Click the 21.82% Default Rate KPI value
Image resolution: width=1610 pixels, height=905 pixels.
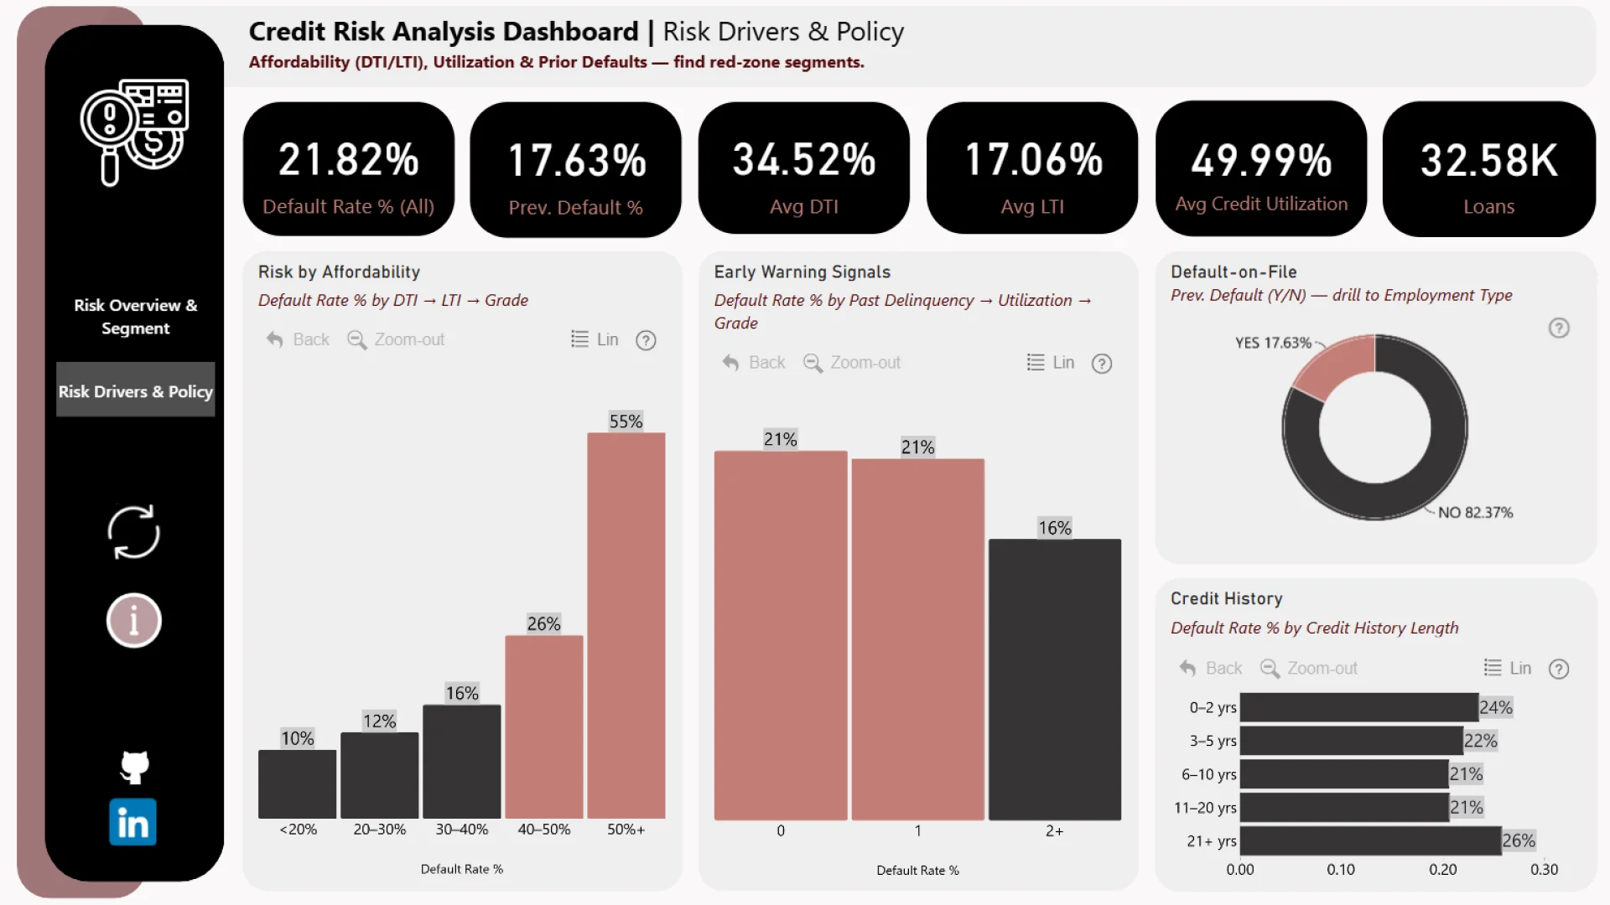pos(348,160)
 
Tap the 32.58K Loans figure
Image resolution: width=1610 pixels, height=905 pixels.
pos(1488,160)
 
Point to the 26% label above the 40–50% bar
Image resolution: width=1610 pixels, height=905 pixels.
pos(543,623)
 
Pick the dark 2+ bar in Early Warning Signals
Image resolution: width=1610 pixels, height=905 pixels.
pos(1054,679)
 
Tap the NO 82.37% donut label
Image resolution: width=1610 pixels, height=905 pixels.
pos(1475,512)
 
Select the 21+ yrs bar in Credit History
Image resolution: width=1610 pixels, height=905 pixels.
pos(1370,840)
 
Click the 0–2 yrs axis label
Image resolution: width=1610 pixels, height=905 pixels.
pos(1212,707)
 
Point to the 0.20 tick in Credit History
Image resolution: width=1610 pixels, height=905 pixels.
pos(1442,870)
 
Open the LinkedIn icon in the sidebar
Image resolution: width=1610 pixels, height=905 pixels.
pos(132,822)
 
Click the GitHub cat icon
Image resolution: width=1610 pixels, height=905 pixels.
pos(134,766)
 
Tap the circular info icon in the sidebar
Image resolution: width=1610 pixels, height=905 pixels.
pos(133,621)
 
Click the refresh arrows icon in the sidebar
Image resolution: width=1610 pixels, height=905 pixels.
pos(133,532)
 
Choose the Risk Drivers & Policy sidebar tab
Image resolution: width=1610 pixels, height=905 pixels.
pos(135,390)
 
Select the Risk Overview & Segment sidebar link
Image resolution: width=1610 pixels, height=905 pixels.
pos(135,317)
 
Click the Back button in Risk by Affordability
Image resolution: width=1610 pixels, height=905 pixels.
pos(298,339)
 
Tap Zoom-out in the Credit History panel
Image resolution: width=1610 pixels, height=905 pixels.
pos(1309,668)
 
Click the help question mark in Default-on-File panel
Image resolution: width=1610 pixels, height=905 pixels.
pos(1558,328)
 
